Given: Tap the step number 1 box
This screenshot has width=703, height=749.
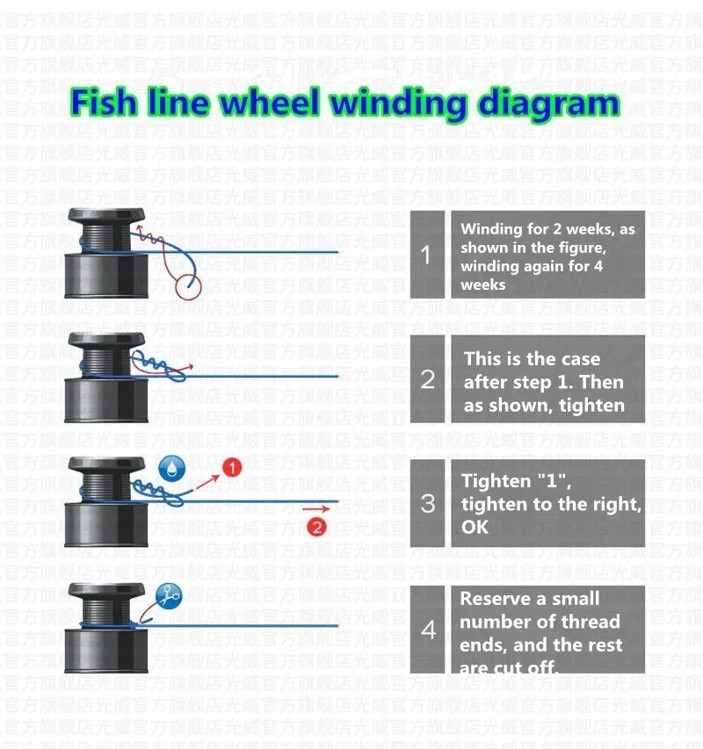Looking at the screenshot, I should click(427, 255).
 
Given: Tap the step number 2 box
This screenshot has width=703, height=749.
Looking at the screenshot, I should click(427, 379).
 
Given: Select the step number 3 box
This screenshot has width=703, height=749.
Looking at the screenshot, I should click(427, 504).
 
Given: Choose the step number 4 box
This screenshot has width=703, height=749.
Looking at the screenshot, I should click(427, 629).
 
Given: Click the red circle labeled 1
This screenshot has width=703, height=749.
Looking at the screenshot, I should click(231, 468).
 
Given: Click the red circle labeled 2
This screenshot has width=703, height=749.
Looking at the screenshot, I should click(317, 527).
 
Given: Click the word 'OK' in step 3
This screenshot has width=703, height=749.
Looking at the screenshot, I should click(475, 528).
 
